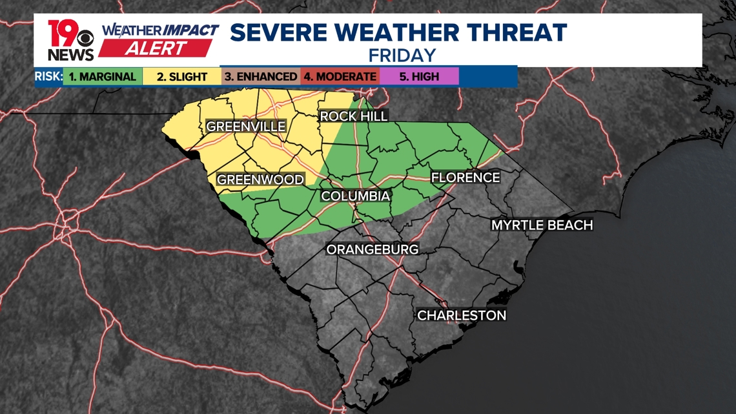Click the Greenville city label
[245, 127]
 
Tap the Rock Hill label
[354, 116]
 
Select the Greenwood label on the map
[260, 180]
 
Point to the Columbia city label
[355, 196]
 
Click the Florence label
[465, 177]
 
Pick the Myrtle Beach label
[542, 225]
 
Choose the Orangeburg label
[373, 249]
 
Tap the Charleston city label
[461, 315]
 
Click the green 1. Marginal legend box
[102, 76]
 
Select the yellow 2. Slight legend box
[183, 76]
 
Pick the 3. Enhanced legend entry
[260, 76]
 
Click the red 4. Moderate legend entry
[340, 76]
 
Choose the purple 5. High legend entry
[419, 76]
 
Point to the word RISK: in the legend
[48, 76]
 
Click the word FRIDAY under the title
[402, 55]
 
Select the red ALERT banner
[156, 48]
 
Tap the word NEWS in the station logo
[70, 54]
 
